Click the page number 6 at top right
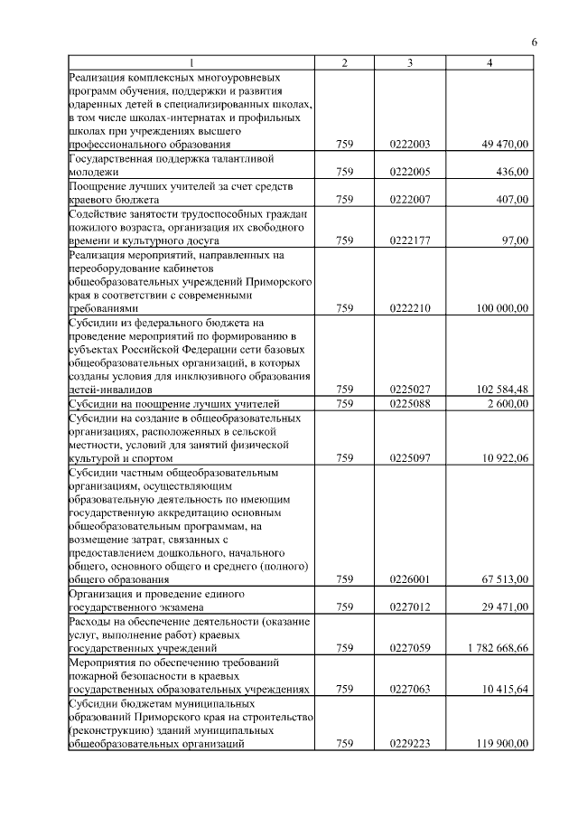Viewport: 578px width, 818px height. [534, 42]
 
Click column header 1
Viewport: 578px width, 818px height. [191, 62]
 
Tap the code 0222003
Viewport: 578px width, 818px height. [411, 144]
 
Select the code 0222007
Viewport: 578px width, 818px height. [411, 199]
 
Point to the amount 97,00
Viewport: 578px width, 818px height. [516, 240]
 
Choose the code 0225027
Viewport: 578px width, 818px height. [411, 390]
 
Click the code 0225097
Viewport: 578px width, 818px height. [411, 458]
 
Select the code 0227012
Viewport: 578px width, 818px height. [411, 607]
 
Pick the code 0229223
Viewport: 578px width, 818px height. [411, 744]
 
